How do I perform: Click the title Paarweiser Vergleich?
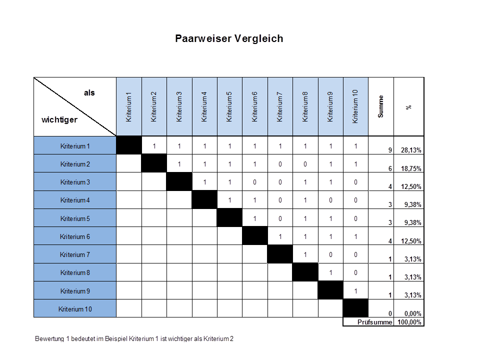(229, 38)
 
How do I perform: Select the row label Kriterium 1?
(75, 146)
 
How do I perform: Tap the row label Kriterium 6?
(75, 236)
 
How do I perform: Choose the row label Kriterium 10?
(75, 309)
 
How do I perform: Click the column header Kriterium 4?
(204, 106)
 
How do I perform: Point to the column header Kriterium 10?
(355, 106)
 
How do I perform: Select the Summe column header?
(381, 106)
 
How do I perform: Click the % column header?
(409, 106)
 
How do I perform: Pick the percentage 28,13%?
(411, 150)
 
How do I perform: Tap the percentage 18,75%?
(411, 169)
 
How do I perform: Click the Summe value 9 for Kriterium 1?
(390, 150)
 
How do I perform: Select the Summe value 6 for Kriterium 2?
(390, 169)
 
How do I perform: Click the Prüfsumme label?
(374, 322)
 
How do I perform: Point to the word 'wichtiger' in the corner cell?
(59, 120)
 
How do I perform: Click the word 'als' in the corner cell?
(89, 93)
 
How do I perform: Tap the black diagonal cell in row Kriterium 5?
(229, 218)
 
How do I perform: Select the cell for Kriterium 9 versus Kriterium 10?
(355, 290)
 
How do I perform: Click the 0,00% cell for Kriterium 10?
(411, 313)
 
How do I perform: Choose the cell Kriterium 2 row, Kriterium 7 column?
(280, 164)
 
